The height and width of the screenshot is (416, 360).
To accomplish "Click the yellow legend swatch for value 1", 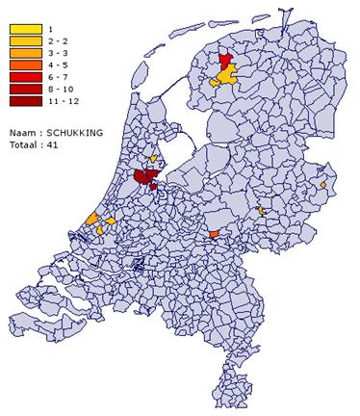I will (x=26, y=30).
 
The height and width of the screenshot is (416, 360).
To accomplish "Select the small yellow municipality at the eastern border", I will (x=324, y=184).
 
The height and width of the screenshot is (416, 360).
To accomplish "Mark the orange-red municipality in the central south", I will (x=214, y=232).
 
